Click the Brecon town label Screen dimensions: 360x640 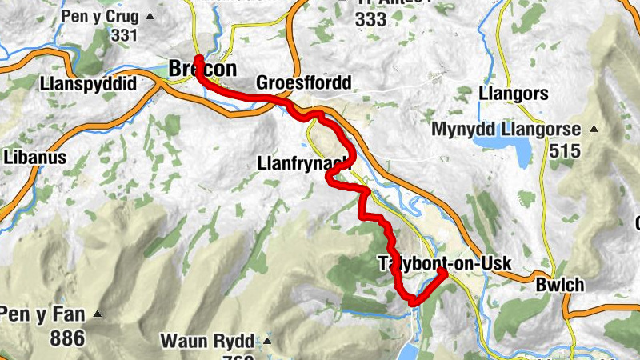[203, 70]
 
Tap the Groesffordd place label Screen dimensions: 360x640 [303, 83]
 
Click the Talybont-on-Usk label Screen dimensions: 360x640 [443, 264]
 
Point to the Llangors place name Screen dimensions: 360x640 [513, 94]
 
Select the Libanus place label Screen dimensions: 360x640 [33, 158]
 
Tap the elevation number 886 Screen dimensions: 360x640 [67, 338]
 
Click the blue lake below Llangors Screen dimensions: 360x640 [501, 148]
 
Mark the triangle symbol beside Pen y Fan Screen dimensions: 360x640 [98, 314]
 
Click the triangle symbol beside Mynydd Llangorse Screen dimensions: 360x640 [594, 129]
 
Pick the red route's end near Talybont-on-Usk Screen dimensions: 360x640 [442, 273]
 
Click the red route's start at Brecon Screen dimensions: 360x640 [197, 59]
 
